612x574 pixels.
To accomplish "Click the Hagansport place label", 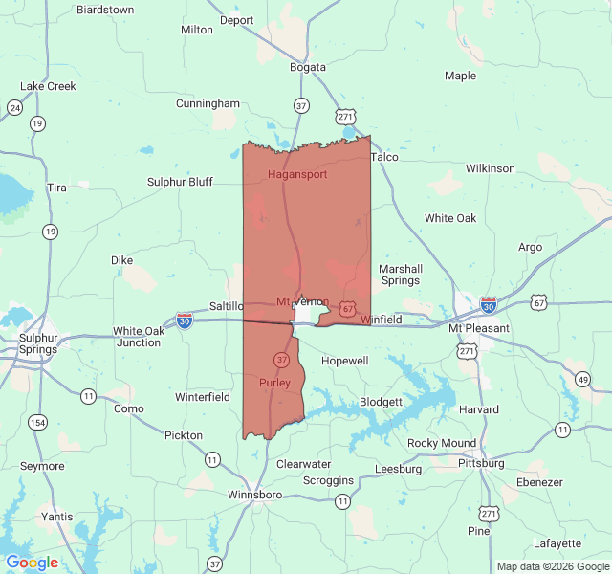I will (x=297, y=175).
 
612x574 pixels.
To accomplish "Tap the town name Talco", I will (x=383, y=157).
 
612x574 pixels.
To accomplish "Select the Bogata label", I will (x=308, y=67).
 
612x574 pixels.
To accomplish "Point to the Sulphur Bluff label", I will (x=180, y=182).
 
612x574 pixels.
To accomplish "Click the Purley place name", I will (x=274, y=383).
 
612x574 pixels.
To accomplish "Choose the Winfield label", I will (x=381, y=320).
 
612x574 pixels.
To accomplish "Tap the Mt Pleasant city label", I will (x=479, y=328).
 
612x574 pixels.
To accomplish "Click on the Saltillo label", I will (x=227, y=305).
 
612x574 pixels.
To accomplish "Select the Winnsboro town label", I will (x=254, y=495).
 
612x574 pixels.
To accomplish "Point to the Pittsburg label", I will (x=481, y=463).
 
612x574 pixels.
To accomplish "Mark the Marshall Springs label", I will (x=400, y=275).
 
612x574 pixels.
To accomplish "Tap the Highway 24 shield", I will (x=15, y=107).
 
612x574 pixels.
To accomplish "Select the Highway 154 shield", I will (x=37, y=423).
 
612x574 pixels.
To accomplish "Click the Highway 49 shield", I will (x=583, y=380).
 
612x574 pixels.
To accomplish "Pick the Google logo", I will (x=32, y=563).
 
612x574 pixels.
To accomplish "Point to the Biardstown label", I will (x=104, y=10).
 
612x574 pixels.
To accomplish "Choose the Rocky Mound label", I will (x=442, y=443).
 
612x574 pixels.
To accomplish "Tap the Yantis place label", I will (x=57, y=517).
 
